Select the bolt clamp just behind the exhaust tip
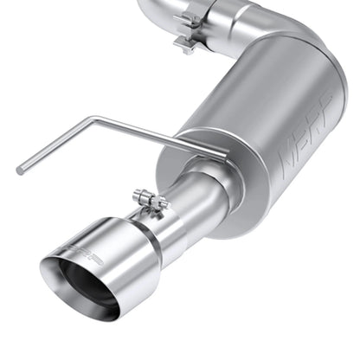tap(152, 208)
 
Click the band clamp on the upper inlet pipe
tap(189, 30)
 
